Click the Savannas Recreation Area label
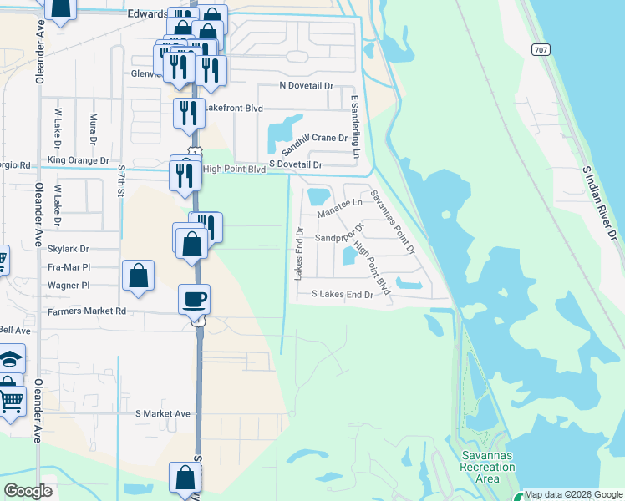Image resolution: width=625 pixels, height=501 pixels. [x=488, y=467]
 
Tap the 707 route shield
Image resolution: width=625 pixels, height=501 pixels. [x=541, y=50]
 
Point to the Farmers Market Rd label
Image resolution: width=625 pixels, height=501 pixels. [x=86, y=311]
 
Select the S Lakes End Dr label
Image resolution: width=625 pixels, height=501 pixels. [x=342, y=295]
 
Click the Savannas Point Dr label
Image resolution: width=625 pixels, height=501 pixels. [x=393, y=220]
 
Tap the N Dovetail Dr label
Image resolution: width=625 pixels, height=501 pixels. [x=306, y=86]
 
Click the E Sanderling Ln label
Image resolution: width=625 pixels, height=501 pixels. [x=354, y=127]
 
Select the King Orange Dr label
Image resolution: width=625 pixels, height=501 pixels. [x=79, y=159]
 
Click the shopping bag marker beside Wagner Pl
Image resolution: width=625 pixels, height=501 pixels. [x=138, y=276]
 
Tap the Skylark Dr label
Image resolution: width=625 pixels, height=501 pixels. [x=69, y=249]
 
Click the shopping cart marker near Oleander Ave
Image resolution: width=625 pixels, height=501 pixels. [x=9, y=401]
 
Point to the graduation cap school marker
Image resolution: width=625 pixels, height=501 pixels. [x=10, y=358]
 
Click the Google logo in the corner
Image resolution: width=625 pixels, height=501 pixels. [x=28, y=491]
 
